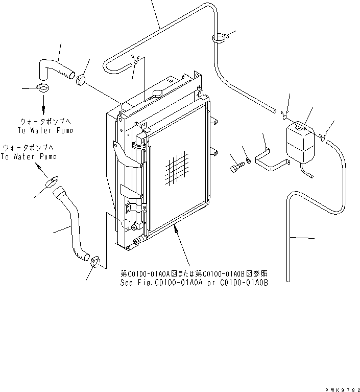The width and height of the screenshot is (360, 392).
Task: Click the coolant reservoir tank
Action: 300,144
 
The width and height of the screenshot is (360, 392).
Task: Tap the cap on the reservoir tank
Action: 299,125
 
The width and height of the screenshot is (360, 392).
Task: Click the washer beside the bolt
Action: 248,160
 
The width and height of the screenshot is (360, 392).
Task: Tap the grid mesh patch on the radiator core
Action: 177,168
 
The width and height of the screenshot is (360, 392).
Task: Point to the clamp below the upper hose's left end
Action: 43,87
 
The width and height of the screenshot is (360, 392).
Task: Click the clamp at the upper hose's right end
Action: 81,80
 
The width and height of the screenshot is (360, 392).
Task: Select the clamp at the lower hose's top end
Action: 52,182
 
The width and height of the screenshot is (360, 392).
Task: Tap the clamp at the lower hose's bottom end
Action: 95,261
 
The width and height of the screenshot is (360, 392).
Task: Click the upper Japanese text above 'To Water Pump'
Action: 45,122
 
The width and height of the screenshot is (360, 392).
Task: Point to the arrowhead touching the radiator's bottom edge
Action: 176,228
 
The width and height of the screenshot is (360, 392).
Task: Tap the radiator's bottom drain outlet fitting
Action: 137,241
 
